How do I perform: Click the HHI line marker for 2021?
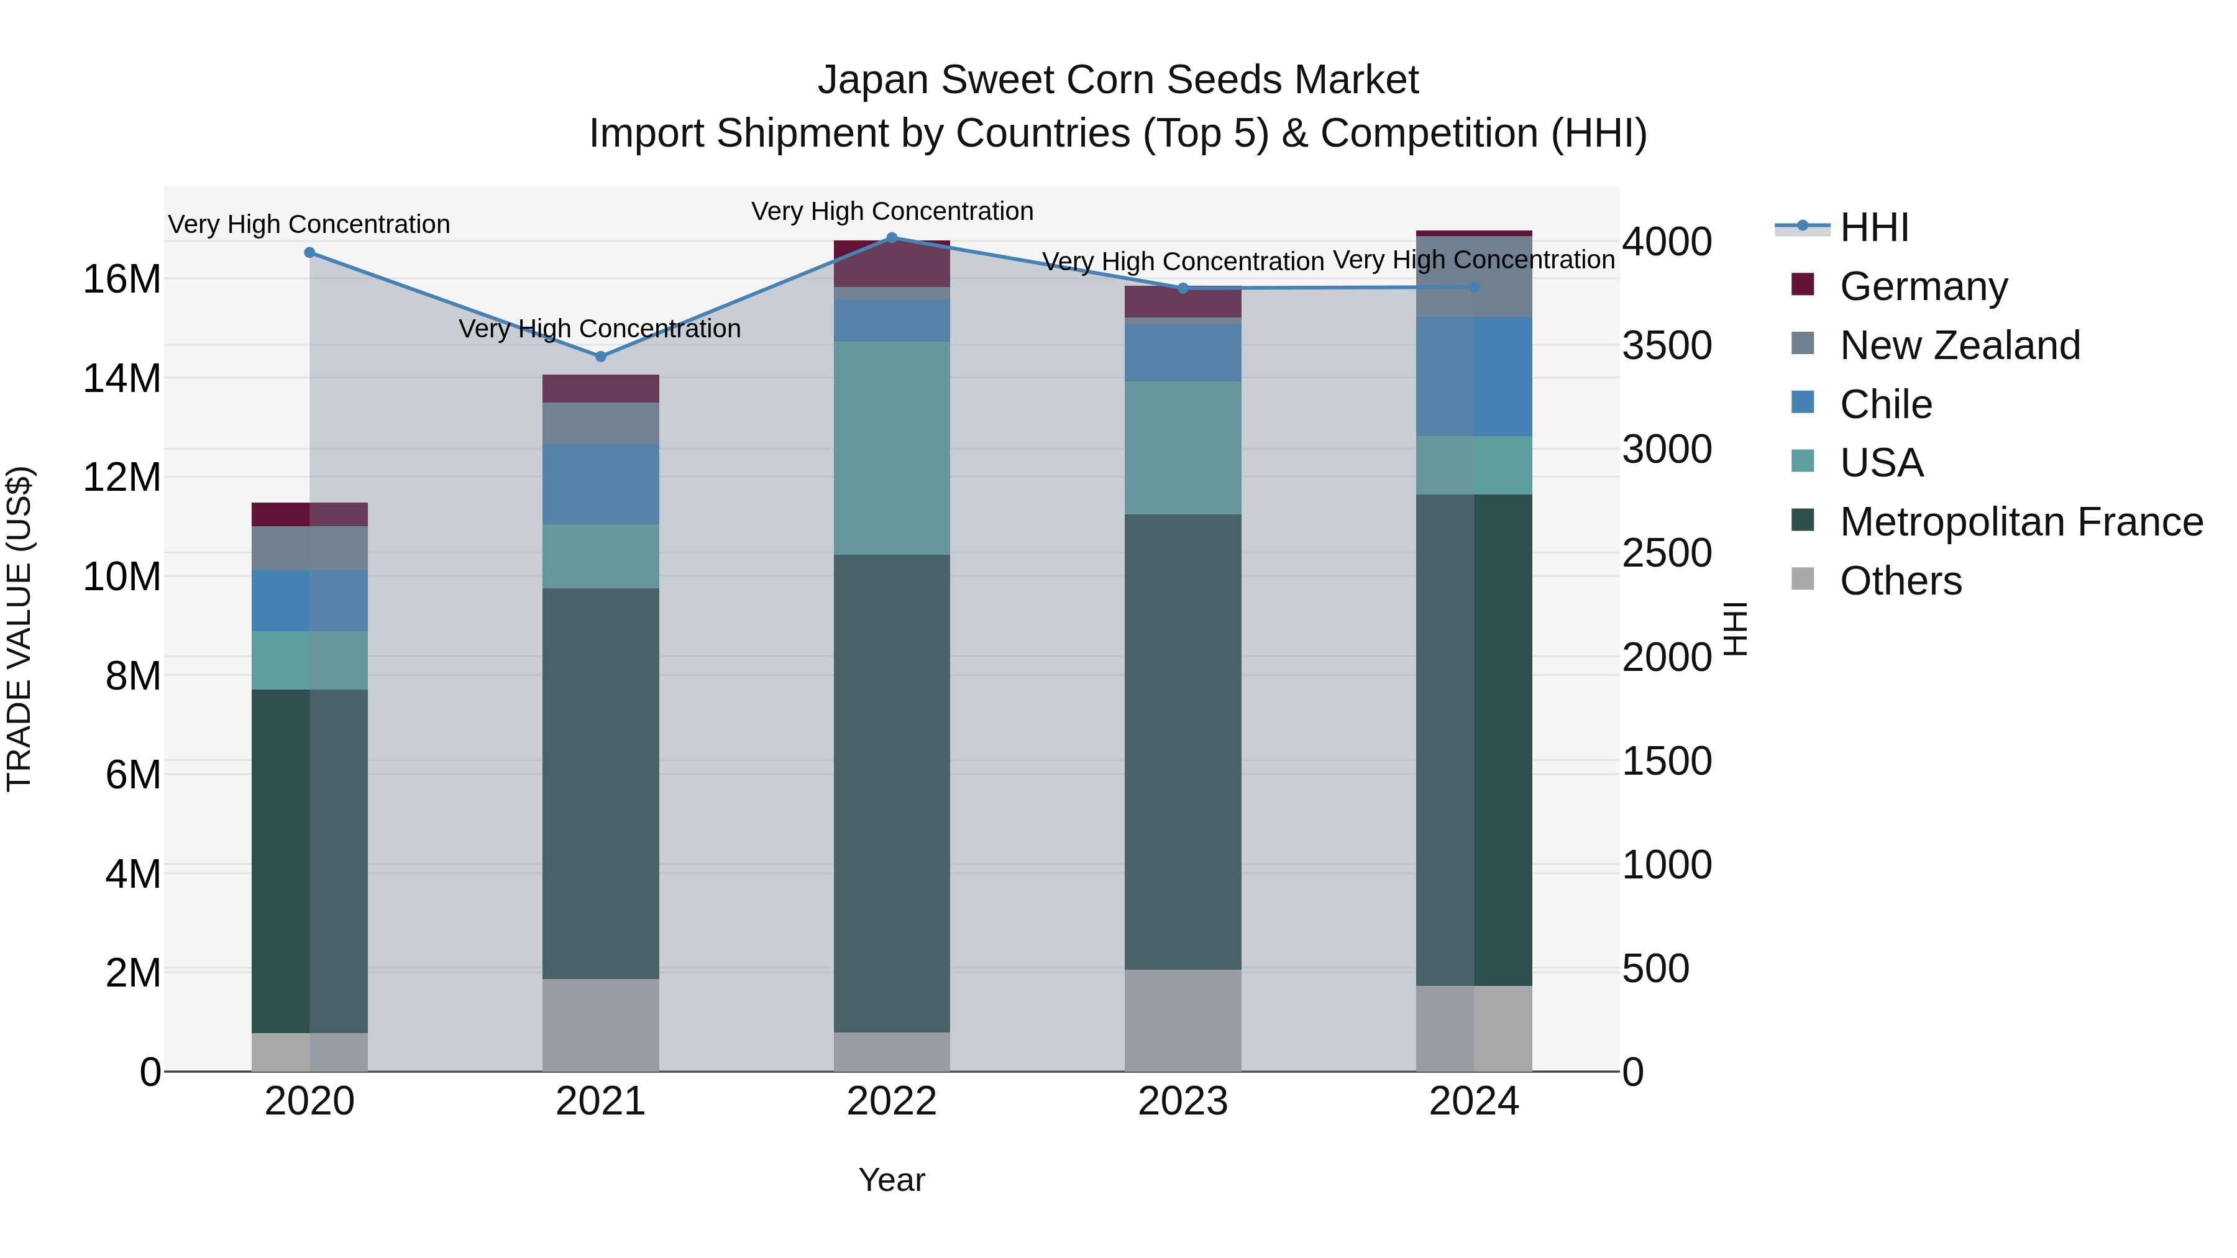[x=600, y=356]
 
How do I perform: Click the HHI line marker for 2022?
[x=891, y=238]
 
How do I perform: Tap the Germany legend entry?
[x=1923, y=286]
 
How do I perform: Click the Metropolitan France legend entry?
[x=2020, y=522]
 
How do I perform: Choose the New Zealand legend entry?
[x=1959, y=345]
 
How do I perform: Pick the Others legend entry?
[x=1900, y=581]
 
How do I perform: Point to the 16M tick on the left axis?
[x=122, y=280]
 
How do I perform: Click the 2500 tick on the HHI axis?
[x=1667, y=553]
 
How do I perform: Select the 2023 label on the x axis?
[x=1182, y=1101]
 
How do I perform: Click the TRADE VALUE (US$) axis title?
[x=20, y=629]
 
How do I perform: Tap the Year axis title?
[x=891, y=1180]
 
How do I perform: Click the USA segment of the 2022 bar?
[x=891, y=448]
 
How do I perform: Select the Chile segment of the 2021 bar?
[x=600, y=485]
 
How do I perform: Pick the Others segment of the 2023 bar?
[x=1182, y=1020]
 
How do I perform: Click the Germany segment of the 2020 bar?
[x=309, y=514]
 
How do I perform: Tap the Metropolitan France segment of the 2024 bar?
[x=1474, y=740]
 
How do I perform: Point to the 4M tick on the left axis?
[x=133, y=873]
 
